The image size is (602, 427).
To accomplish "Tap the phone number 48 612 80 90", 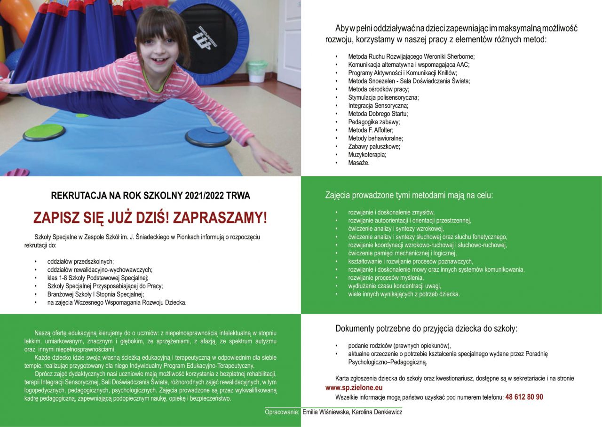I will (524, 397).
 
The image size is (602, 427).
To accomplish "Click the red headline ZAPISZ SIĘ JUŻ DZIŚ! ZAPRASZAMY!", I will (150, 218).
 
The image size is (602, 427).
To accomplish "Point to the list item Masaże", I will (359, 163).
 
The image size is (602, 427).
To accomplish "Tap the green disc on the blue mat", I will (44, 132).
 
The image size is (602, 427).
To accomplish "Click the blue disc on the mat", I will (208, 136).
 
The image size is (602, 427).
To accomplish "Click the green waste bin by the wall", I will (257, 71).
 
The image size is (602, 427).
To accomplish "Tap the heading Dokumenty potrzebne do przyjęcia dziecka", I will (426, 328).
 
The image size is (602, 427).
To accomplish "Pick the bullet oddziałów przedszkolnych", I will (80, 261).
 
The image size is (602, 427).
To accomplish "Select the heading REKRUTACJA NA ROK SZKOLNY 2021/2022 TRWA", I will (150, 195).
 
